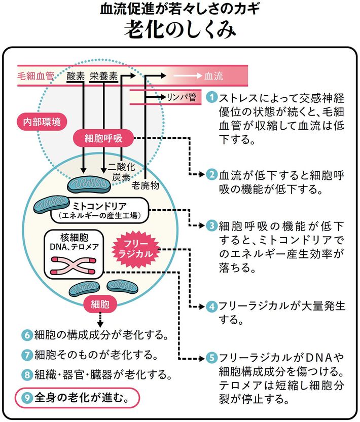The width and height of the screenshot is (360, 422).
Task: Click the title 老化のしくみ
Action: [180, 29]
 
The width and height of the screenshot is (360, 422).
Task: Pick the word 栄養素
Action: [103, 76]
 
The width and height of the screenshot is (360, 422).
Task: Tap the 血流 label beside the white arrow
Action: [213, 76]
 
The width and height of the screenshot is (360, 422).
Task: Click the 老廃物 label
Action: [146, 185]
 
